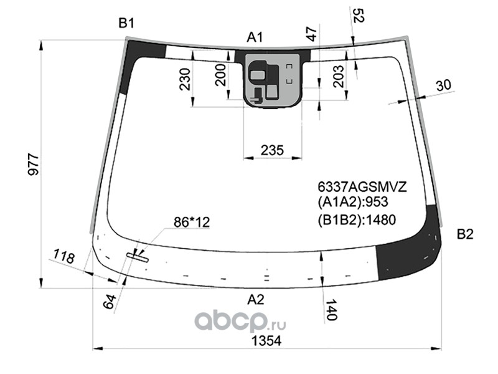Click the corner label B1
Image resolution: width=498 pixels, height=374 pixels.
tap(126, 24)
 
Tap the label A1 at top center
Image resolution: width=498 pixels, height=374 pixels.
tap(255, 37)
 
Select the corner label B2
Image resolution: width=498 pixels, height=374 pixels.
tap(465, 234)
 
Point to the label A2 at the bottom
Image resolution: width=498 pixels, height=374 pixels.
tap(256, 300)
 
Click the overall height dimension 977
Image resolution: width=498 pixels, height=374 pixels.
tap(34, 165)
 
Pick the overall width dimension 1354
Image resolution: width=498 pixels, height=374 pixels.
tap(266, 341)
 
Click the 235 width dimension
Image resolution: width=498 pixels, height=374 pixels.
tap(272, 150)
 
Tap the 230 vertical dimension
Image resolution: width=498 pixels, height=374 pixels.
tap(185, 79)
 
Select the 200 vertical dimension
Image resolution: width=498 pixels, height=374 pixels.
tap(220, 75)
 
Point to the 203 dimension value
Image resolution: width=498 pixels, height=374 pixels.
tap(339, 76)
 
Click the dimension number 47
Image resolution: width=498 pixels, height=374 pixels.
tap(312, 34)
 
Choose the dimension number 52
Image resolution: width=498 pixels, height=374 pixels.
tap(358, 16)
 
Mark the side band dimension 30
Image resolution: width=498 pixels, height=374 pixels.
tap(443, 85)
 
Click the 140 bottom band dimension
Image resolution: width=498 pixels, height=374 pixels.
tap(331, 309)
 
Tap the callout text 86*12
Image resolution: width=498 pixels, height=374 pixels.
tap(192, 223)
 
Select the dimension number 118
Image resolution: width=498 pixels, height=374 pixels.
tap(64, 256)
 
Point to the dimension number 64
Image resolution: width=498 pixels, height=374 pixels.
tap(110, 302)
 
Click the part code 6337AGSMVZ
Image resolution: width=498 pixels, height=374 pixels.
tap(362, 187)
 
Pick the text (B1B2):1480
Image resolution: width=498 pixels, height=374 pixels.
tap(357, 219)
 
